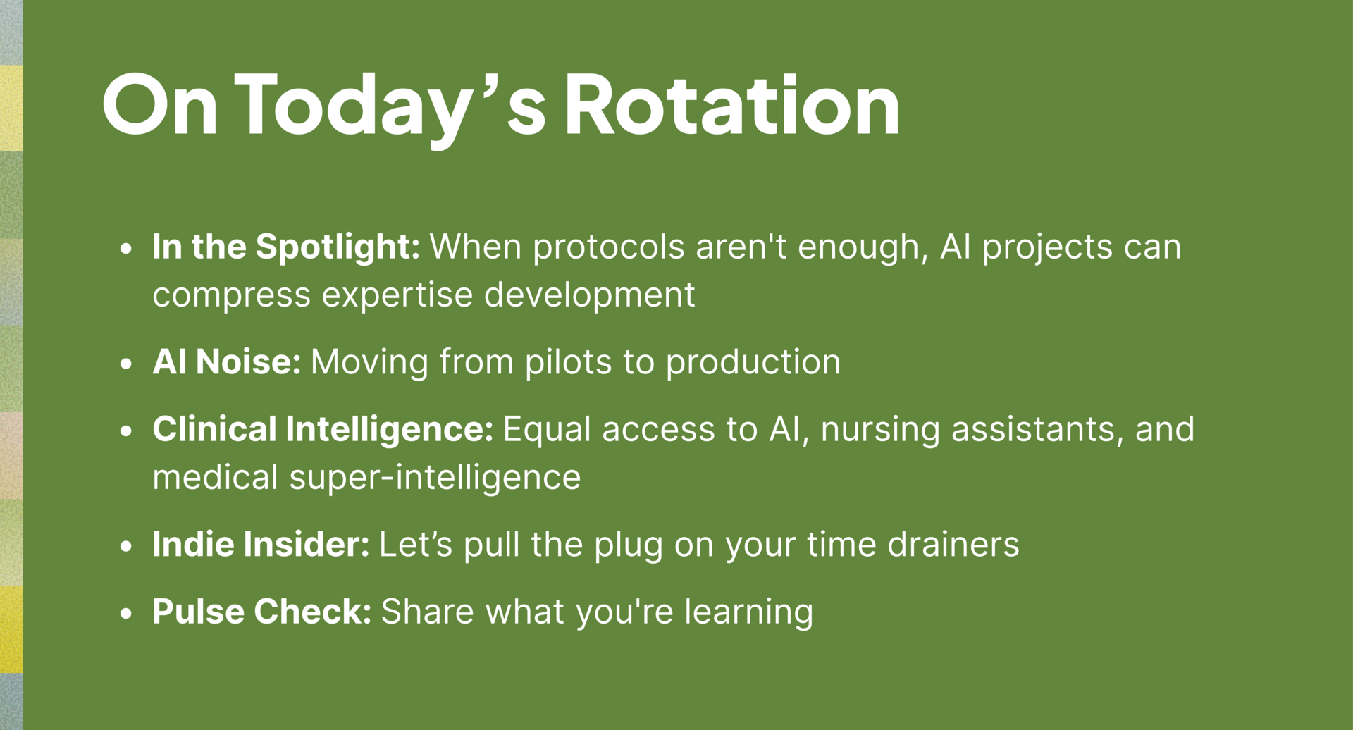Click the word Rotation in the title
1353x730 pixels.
[x=732, y=104]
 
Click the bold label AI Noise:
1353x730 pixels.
[x=227, y=361]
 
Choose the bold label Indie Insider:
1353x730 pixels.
[x=261, y=544]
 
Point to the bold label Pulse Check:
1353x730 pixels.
[x=262, y=611]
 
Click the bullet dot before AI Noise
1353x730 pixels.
[x=126, y=364]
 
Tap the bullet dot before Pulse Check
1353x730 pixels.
[x=126, y=613]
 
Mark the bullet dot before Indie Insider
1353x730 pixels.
[x=126, y=546]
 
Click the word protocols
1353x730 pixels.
[x=608, y=248]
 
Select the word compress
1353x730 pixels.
[x=231, y=296]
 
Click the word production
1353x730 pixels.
[x=753, y=363]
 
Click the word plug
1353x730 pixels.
[x=629, y=546]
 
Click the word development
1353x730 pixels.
[x=590, y=296]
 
